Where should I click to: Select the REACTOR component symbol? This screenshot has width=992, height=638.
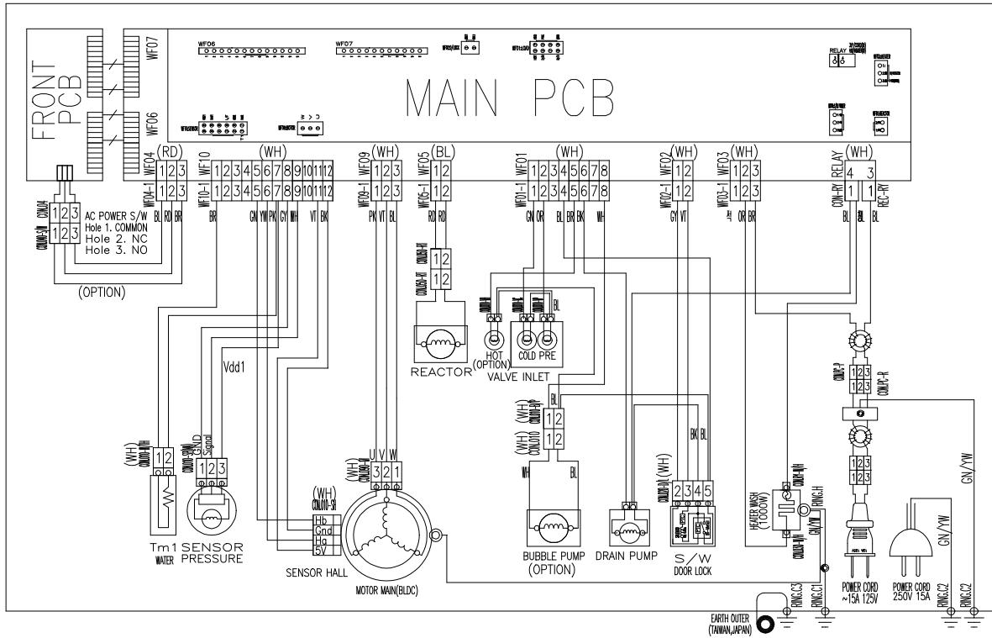click(439, 344)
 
